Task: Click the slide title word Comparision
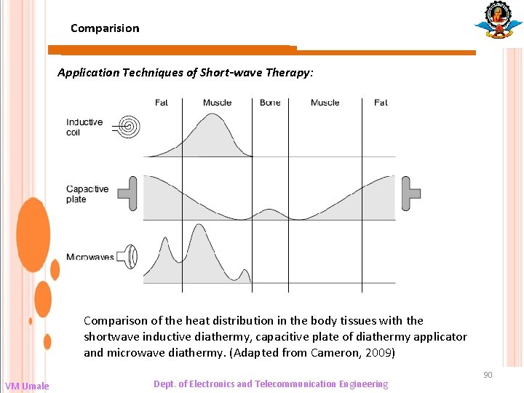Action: (105, 28)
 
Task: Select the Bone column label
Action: (270, 103)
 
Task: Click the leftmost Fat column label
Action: (162, 103)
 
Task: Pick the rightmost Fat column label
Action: (381, 103)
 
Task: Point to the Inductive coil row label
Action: (84, 127)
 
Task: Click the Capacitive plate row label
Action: (87, 194)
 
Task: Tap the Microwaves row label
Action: (90, 257)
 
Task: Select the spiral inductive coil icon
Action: (130, 127)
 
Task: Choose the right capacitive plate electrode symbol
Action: (410, 193)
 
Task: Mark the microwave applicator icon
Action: (130, 256)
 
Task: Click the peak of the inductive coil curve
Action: (213, 115)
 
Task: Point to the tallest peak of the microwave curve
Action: (198, 226)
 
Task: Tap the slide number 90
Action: (488, 375)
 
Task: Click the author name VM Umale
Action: (27, 386)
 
